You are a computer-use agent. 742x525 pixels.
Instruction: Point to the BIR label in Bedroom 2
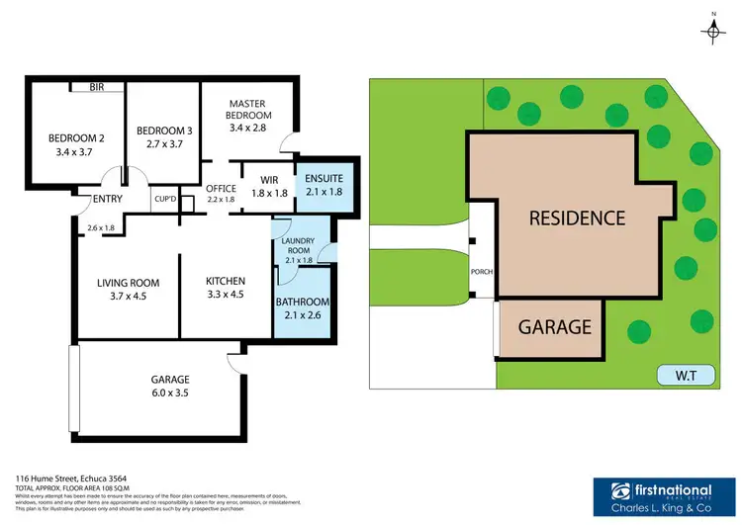(96, 87)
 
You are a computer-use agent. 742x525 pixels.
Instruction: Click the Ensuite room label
(324, 178)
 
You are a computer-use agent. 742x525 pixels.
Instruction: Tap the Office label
(221, 187)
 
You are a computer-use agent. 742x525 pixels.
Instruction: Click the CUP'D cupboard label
(164, 199)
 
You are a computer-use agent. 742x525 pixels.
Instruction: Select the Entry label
(106, 199)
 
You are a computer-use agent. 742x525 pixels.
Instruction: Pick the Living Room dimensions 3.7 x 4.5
(128, 295)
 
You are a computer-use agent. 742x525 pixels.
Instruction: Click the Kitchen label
(225, 282)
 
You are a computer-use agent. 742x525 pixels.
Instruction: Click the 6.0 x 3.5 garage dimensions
(170, 393)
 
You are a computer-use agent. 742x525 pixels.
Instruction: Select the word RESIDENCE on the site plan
(576, 219)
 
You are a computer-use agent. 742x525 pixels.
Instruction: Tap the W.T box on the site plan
(681, 377)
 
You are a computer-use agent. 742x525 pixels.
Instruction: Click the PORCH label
(482, 272)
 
